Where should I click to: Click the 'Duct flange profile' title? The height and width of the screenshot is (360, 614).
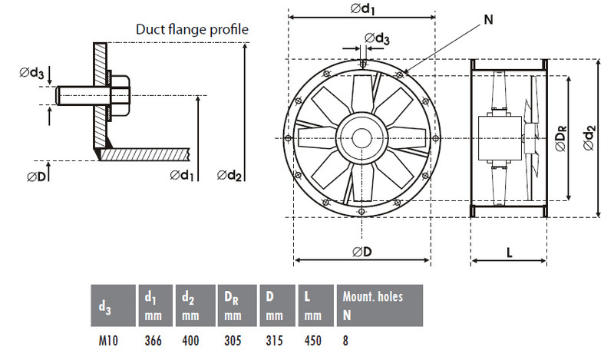point(192,30)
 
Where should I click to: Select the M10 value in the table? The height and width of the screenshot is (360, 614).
point(108,341)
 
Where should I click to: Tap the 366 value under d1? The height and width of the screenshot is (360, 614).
point(153,341)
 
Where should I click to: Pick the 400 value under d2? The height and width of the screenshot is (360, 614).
point(190,341)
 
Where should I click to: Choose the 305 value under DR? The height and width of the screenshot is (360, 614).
point(233,341)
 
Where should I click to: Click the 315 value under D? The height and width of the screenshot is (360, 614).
point(274,341)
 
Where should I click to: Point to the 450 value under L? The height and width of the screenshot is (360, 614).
point(313,341)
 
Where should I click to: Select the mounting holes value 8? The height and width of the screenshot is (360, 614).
point(345,341)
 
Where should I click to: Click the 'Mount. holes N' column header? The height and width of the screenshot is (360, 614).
point(373,306)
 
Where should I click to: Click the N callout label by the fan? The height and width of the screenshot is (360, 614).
point(488,19)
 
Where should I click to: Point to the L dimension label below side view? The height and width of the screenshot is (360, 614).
point(509,253)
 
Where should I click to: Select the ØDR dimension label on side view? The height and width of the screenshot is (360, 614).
point(561,138)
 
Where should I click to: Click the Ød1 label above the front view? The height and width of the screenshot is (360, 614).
point(362,8)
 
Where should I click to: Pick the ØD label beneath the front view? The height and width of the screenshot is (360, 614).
point(361,252)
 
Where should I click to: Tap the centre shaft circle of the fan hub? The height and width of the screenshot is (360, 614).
point(361,138)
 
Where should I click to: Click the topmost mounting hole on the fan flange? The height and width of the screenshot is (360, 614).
point(363,64)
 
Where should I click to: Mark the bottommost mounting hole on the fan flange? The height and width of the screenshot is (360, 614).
point(361,213)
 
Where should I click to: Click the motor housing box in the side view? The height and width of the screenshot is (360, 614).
point(501,138)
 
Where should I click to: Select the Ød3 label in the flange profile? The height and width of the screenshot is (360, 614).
point(31,72)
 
